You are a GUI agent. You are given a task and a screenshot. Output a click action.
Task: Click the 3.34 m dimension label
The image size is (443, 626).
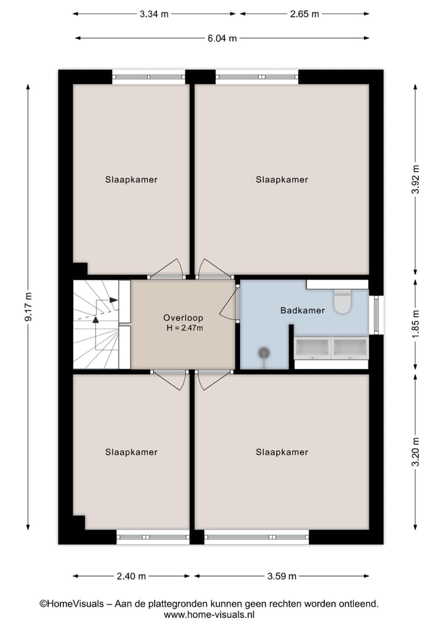click(155, 14)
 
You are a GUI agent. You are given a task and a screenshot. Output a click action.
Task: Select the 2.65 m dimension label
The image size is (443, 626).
click(305, 14)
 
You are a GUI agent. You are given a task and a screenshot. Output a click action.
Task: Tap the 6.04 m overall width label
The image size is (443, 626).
click(222, 38)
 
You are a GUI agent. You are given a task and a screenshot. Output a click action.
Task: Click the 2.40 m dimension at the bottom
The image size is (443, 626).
click(132, 577)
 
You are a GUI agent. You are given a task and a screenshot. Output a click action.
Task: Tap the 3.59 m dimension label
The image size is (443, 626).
click(282, 577)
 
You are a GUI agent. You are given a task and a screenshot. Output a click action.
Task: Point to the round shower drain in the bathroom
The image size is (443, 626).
click(264, 353)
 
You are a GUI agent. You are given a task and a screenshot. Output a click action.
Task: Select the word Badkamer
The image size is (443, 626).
click(302, 311)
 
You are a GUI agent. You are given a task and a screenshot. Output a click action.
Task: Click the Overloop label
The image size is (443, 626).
click(183, 318)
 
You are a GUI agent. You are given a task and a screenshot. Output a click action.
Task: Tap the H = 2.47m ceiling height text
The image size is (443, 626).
click(185, 328)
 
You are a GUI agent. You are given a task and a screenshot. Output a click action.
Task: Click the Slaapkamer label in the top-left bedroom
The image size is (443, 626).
click(131, 180)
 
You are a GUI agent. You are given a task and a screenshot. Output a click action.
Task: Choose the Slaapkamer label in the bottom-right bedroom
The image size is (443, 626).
click(282, 452)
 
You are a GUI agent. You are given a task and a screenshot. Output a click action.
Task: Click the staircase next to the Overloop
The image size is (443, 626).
click(95, 324)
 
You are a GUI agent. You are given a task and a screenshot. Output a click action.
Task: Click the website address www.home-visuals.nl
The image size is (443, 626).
click(209, 614)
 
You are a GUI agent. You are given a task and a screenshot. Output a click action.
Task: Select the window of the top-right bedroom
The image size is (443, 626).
click(257, 78)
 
